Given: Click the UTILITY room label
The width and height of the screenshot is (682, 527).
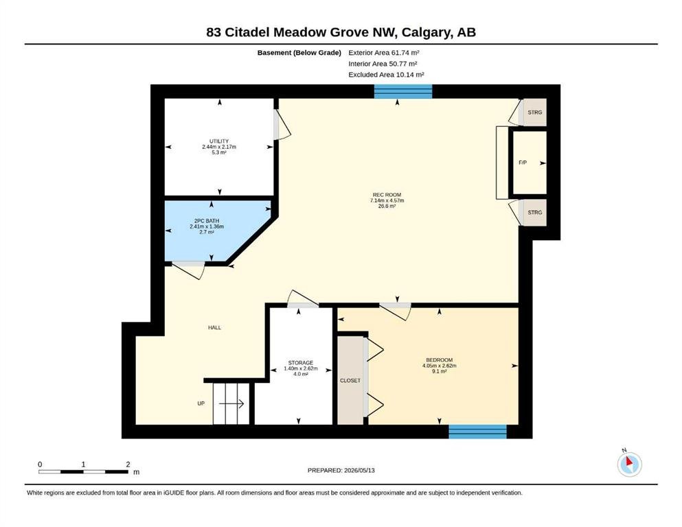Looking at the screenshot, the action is [x=219, y=141].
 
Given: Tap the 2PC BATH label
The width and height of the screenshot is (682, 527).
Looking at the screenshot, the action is [x=207, y=221].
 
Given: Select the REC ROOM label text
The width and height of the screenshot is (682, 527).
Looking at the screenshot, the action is [x=387, y=195].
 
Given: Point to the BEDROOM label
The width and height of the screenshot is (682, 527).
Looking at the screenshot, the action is [x=440, y=360].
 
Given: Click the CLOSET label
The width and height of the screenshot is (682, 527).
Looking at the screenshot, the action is [x=350, y=381].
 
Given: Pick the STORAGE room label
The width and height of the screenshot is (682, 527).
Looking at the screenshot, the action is [x=301, y=363].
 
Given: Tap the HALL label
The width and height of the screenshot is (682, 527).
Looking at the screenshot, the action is [x=214, y=327].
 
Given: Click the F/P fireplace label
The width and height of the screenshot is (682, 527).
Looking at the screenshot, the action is [x=523, y=163].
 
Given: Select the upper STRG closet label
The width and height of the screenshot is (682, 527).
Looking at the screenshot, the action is [x=535, y=112].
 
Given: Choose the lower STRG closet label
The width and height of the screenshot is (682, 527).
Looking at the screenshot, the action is [x=535, y=213].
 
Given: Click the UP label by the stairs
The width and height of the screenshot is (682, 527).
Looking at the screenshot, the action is [x=201, y=403].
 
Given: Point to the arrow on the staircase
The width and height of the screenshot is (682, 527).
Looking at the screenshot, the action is [x=231, y=404].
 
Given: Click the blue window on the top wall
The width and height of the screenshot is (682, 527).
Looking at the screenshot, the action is [x=403, y=92].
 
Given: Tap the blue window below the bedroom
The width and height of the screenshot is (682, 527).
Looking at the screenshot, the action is [x=477, y=432].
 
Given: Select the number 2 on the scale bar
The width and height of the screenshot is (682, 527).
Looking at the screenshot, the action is [x=128, y=464].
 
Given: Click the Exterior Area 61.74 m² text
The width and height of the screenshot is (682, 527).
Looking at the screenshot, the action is [x=384, y=53].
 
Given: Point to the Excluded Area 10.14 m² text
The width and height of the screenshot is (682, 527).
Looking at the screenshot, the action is [x=386, y=74].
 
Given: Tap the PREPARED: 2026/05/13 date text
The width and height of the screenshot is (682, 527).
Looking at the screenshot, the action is [x=341, y=470].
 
